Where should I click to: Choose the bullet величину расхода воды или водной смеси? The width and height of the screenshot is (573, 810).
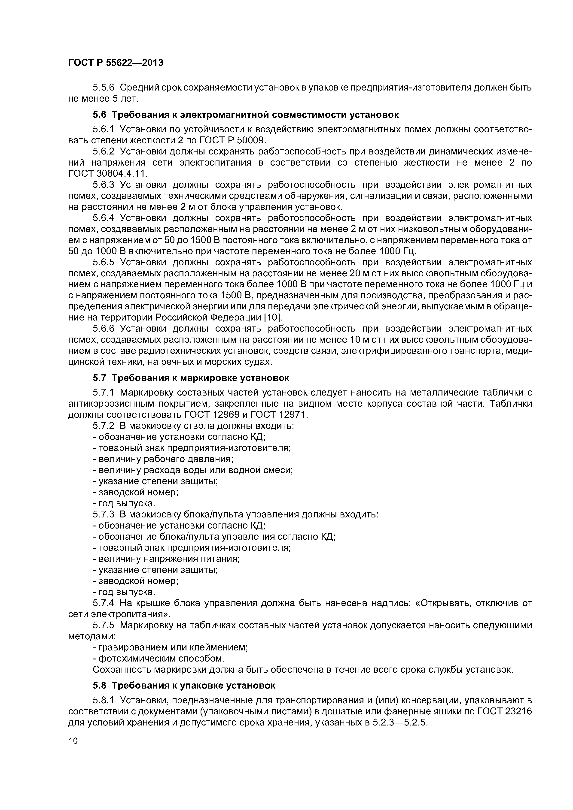pyautogui.click(x=193, y=470)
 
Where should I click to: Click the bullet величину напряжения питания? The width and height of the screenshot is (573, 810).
pyautogui.click(x=166, y=559)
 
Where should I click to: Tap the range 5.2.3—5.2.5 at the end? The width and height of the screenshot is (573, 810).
pyautogui.click(x=399, y=722)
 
